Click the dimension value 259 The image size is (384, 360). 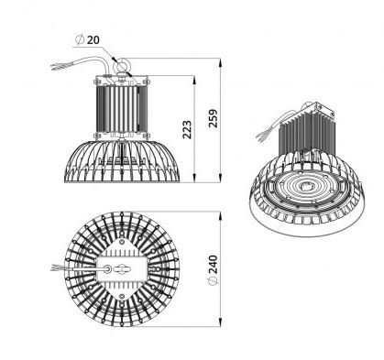[x=213, y=118]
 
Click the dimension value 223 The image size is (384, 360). [x=187, y=130]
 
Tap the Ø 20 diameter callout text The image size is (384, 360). [x=87, y=39]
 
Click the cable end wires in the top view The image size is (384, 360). [x=57, y=268]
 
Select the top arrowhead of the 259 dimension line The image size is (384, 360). [x=220, y=62]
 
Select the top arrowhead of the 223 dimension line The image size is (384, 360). [x=194, y=80]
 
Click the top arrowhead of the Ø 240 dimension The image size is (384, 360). [x=220, y=215]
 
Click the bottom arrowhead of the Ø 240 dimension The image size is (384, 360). [x=220, y=322]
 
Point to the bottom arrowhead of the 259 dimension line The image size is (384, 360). [x=220, y=179]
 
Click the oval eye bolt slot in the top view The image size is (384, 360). [x=122, y=269]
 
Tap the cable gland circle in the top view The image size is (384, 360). [x=107, y=268]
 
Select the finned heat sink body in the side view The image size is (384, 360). [x=122, y=109]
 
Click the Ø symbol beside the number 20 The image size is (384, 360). [x=80, y=39]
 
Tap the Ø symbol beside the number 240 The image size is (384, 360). [x=213, y=281]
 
